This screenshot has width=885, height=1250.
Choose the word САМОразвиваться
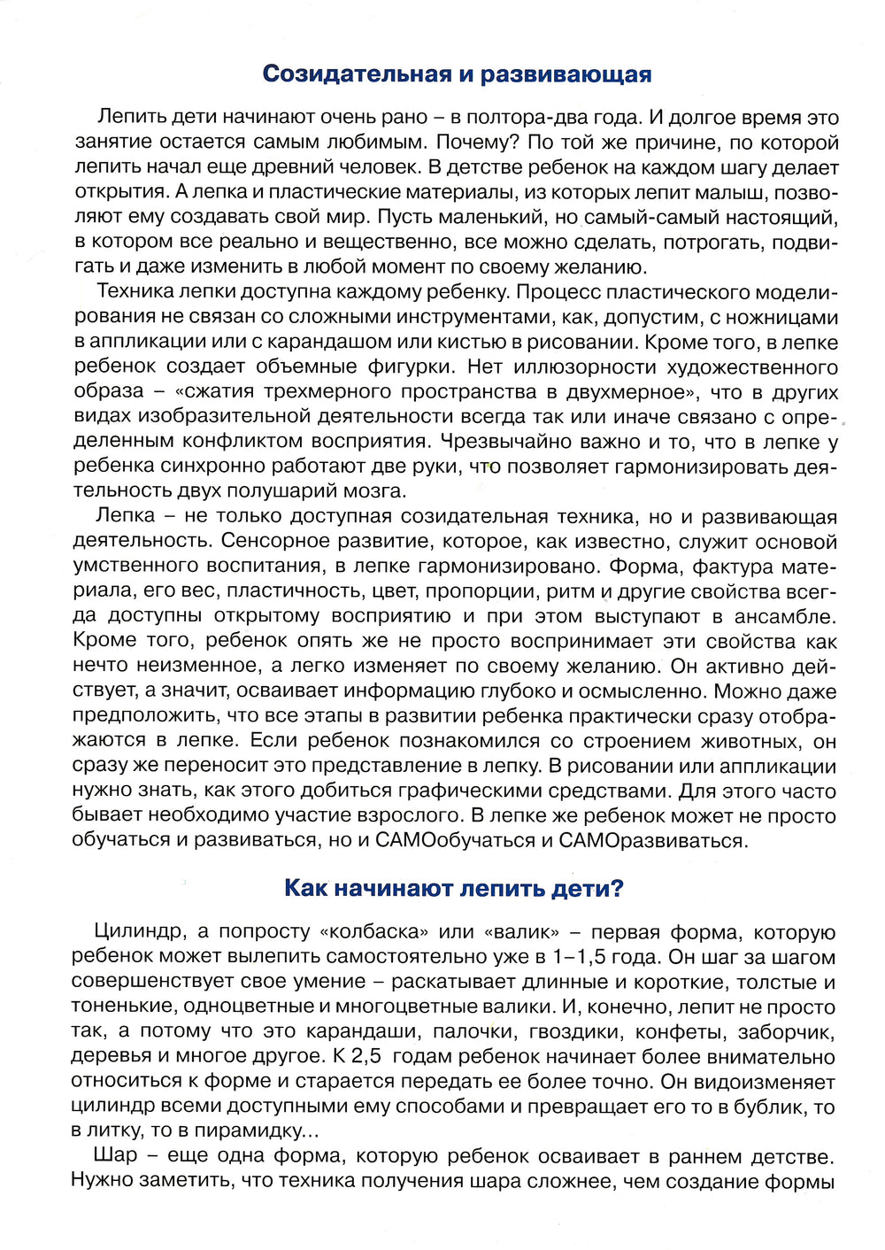click(x=653, y=840)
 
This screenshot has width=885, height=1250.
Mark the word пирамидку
click(x=256, y=1131)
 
